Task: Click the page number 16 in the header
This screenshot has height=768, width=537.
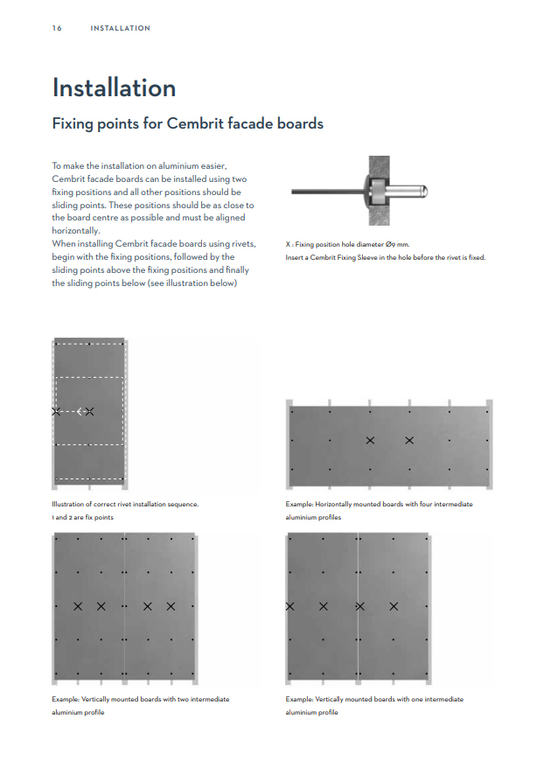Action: pos(57,28)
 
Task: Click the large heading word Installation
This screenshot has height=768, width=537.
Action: pos(114,88)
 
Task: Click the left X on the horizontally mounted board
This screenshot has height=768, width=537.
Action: pos(370,440)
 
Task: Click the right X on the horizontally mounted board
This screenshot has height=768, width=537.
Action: pos(409,440)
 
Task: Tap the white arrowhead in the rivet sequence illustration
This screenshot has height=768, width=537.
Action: pos(80,411)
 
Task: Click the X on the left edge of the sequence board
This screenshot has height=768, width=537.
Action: pos(56,411)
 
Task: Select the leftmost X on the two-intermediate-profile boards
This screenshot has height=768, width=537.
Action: pos(78,606)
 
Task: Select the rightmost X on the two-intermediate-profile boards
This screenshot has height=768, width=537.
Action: pos(171,606)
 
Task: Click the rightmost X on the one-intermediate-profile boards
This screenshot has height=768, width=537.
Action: pos(394,606)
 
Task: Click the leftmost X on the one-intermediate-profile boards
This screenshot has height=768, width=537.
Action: pos(289,606)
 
